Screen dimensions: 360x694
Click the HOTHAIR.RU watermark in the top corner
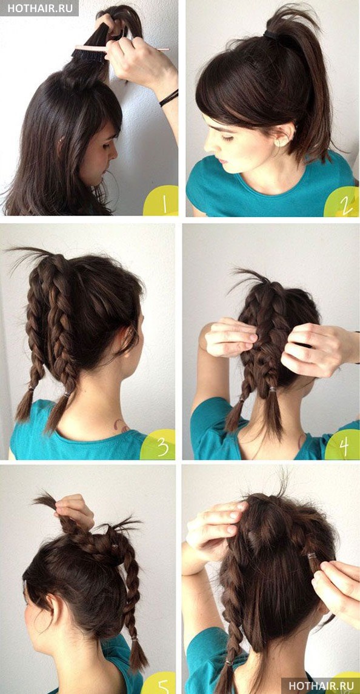click(39, 8)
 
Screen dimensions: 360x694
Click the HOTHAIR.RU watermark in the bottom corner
click(320, 685)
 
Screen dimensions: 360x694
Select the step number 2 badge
click(342, 202)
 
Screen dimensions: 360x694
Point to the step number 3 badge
click(159, 445)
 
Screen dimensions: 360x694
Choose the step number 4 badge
click(343, 445)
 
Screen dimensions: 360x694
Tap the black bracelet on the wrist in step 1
click(168, 98)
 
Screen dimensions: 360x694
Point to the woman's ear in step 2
click(284, 135)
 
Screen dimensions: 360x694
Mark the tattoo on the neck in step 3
click(121, 425)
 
